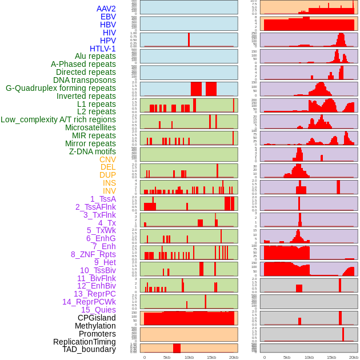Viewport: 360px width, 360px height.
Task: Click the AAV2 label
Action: tap(106, 9)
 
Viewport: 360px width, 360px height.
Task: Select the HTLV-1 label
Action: tap(102, 49)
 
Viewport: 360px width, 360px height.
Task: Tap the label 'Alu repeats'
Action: tap(95, 56)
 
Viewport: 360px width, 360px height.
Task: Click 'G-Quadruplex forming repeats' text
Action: tap(61, 88)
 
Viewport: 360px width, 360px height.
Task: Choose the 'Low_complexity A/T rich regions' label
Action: tap(58, 119)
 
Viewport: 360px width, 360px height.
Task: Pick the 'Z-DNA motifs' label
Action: tap(92, 151)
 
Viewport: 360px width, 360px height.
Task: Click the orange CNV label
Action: tap(107, 159)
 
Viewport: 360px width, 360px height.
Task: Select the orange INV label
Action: tap(109, 191)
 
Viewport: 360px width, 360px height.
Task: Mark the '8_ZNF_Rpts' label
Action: tap(93, 254)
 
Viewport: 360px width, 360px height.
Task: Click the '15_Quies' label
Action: tap(98, 310)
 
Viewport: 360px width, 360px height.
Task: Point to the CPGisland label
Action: tap(97, 318)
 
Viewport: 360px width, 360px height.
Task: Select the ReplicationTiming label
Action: tap(84, 342)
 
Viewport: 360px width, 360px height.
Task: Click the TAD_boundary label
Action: tap(89, 349)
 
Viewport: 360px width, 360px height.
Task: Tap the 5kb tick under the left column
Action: tap(167, 357)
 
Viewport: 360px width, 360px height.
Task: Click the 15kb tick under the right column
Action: tap(331, 357)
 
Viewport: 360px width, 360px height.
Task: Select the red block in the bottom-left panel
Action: tap(177, 348)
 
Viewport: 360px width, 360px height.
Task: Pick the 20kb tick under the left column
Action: tap(233, 357)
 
